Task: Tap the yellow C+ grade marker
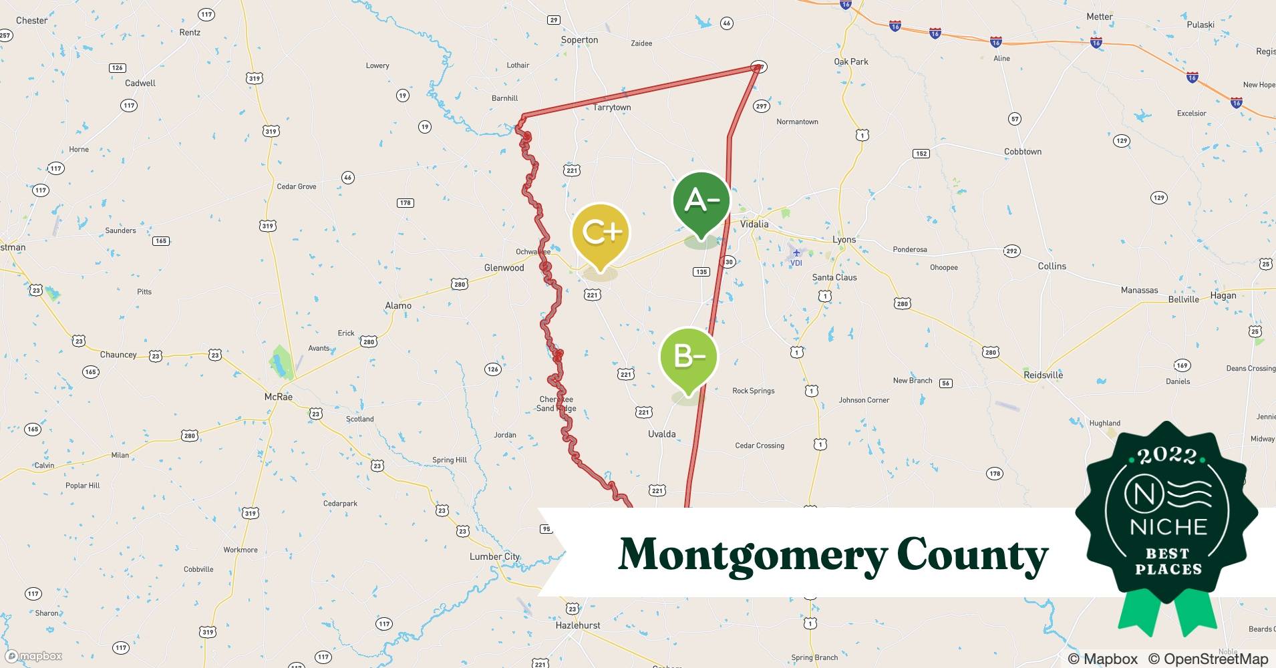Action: click(x=601, y=233)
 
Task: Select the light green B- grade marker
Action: click(x=688, y=357)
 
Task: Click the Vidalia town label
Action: click(x=754, y=224)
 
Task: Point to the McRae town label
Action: click(x=279, y=397)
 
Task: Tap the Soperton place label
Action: click(x=579, y=40)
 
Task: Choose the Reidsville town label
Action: click(x=1043, y=375)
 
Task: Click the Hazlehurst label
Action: click(x=578, y=626)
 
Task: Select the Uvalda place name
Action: click(x=661, y=434)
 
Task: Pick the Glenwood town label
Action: click(x=504, y=268)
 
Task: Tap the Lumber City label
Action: click(x=494, y=556)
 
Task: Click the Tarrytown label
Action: click(x=612, y=108)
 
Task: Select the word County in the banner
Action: click(x=972, y=554)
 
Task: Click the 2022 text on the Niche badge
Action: click(x=1166, y=457)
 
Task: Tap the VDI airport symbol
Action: click(x=796, y=253)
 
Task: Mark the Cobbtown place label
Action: click(x=1022, y=152)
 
